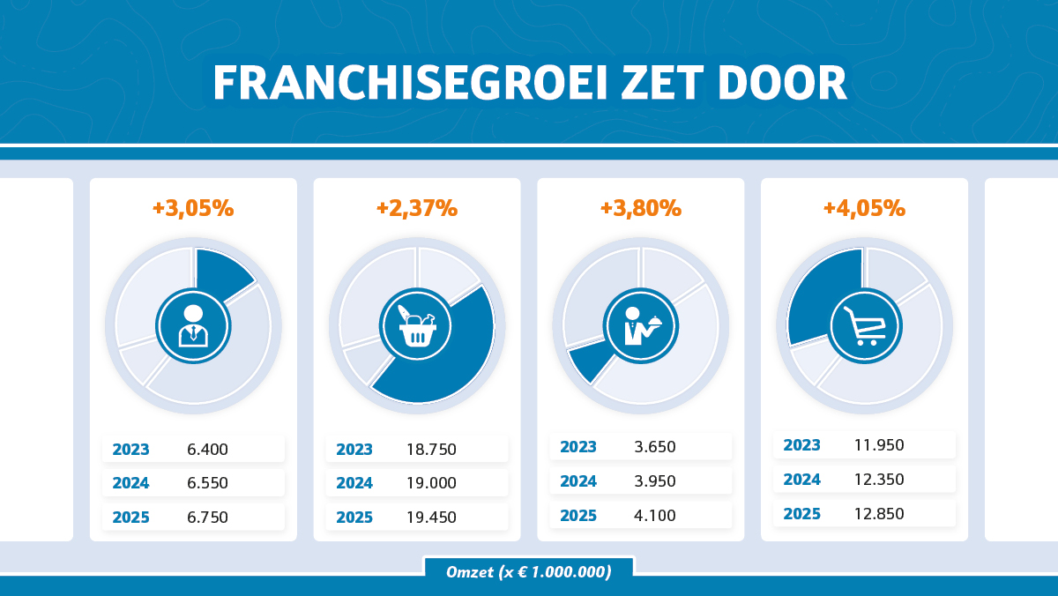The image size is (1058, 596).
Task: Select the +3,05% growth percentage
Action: pos(193,209)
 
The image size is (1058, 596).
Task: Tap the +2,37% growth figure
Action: pos(417,209)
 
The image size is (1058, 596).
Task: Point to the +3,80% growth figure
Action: pos(641,209)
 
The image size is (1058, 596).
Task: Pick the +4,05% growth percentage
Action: pos(864,209)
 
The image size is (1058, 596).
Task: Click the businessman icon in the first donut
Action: pos(193,326)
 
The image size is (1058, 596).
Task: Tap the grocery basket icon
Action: pos(416,326)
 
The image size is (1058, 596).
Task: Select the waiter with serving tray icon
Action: pos(641,326)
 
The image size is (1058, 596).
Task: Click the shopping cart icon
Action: pos(864,326)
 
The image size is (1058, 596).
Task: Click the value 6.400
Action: pos(207,450)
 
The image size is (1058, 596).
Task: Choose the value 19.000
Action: pos(431,483)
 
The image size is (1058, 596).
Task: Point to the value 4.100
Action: pos(655,516)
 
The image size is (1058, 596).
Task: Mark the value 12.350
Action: pos(879,480)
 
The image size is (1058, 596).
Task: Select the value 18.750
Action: pos(431,450)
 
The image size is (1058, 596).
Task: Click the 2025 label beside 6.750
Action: pos(130,518)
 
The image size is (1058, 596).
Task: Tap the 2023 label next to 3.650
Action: pos(578,447)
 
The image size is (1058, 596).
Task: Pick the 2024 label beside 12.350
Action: pos(802,480)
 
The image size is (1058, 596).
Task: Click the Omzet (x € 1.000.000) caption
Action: pos(529,572)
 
